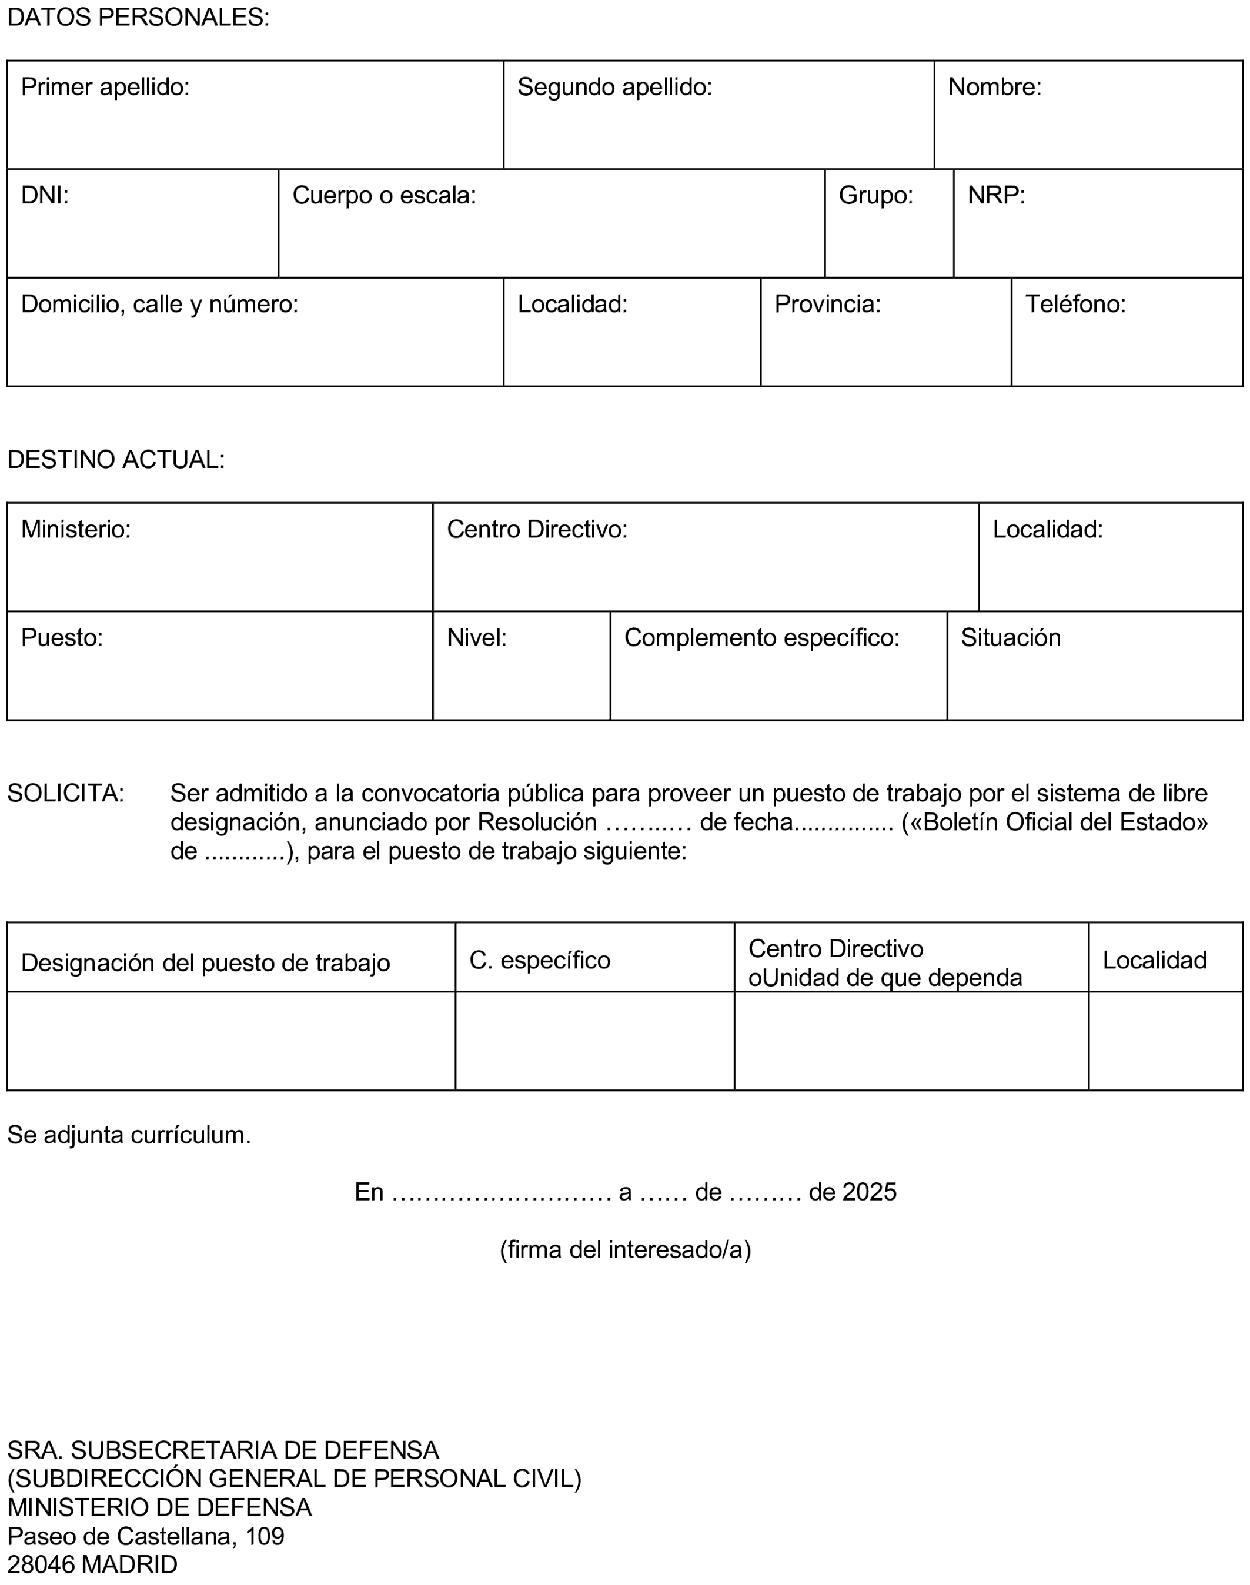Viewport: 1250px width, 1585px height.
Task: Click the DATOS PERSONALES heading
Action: (x=138, y=18)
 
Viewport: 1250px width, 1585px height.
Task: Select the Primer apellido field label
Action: (x=105, y=88)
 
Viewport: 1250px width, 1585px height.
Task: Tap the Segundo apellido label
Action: (x=615, y=88)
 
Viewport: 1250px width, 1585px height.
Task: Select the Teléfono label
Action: (x=1075, y=305)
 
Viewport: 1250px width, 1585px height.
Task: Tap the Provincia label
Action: (x=827, y=305)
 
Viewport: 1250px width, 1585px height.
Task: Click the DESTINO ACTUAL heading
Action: (x=116, y=460)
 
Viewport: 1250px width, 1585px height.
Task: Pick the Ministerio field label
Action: (x=75, y=530)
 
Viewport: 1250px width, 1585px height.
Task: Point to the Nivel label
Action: (x=476, y=638)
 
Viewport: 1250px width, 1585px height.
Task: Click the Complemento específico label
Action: (x=761, y=638)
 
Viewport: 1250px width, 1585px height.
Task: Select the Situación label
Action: (x=1010, y=638)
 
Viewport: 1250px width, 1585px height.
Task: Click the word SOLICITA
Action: (x=66, y=793)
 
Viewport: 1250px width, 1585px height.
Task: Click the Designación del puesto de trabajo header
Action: (x=206, y=963)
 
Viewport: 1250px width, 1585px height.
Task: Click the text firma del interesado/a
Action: (x=625, y=1250)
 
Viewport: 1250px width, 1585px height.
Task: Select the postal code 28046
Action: (x=42, y=1564)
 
